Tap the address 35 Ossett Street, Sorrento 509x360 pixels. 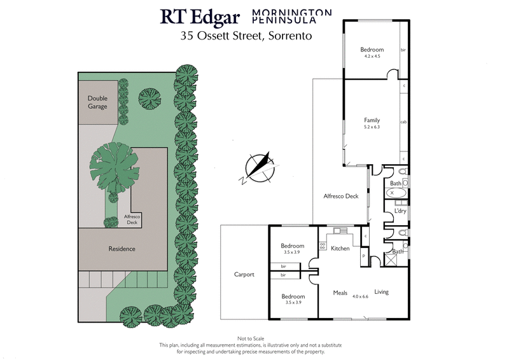(246, 36)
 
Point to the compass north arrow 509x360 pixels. (258, 166)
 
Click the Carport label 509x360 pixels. (244, 275)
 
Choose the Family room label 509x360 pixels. (372, 120)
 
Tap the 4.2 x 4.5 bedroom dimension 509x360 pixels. (372, 57)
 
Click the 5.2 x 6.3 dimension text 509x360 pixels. (372, 127)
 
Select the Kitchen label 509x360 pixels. (340, 248)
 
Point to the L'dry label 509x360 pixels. (400, 211)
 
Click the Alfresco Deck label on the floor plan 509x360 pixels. (341, 196)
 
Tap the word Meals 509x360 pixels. (340, 293)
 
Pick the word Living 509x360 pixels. (381, 292)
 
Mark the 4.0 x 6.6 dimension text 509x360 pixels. (360, 296)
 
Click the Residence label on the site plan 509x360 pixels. (122, 249)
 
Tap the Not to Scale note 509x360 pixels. (251, 339)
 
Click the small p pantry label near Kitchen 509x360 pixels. (363, 256)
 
